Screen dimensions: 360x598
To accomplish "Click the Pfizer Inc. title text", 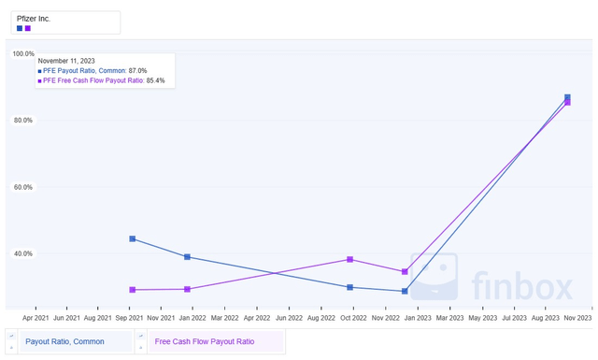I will pos(34,18).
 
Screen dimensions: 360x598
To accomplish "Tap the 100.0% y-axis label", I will pos(23,54).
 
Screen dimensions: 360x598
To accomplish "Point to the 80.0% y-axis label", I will pos(23,121).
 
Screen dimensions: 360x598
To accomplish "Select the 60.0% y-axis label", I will pos(23,187).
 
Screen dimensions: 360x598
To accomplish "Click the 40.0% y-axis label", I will pos(23,253).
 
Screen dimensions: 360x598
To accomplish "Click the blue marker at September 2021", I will pos(133,239).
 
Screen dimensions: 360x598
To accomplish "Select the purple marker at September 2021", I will pos(133,290).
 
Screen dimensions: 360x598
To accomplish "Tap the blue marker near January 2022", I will pos(188,257).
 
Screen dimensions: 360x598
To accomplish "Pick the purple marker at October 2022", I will pos(349,259).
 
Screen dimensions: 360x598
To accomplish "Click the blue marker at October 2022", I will pos(349,287).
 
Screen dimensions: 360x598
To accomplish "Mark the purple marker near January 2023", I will pos(405,272).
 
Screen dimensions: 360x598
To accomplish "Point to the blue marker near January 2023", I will pos(405,292).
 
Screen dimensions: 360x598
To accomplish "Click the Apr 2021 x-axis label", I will pos(36,318).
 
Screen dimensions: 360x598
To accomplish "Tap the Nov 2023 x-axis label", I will pos(578,318).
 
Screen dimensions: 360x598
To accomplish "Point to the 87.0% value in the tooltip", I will pos(137,71).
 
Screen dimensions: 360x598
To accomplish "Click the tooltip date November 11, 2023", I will pos(66,61).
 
